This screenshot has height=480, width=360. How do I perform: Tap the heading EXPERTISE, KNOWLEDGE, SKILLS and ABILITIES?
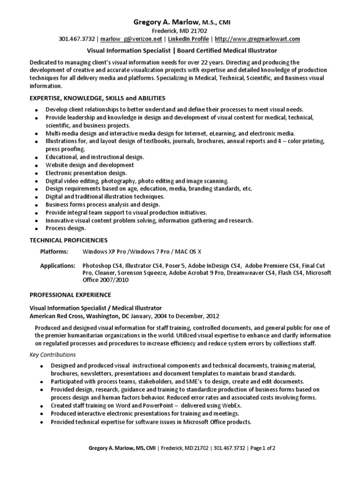coord(97,98)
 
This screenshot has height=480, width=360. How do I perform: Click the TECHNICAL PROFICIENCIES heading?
coord(69,240)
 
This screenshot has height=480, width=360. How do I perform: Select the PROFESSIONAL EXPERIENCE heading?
coord(70,295)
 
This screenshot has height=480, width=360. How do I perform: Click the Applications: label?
coord(57,265)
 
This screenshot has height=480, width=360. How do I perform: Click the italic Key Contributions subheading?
coord(52,354)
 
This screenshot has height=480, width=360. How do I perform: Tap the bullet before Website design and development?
coord(37,166)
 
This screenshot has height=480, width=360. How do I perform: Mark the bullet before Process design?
coord(37,229)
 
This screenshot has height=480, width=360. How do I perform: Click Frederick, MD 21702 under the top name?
coord(180,30)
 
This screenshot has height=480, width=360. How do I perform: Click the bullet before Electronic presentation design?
coord(37,173)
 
